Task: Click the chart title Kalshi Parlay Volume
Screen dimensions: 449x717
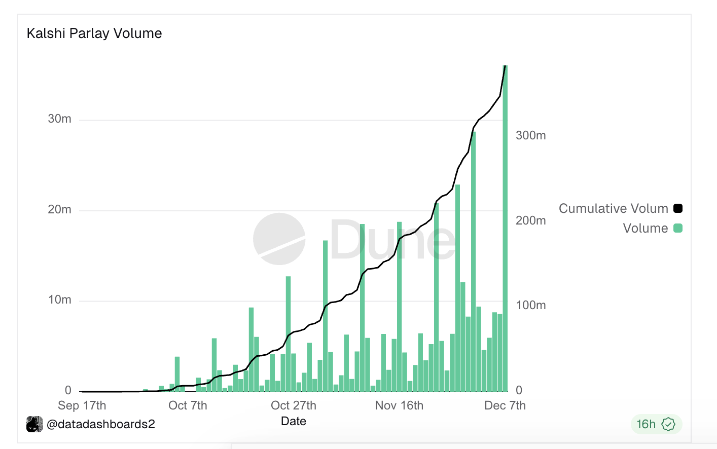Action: (x=94, y=33)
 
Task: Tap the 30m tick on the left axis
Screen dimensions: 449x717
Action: (x=59, y=119)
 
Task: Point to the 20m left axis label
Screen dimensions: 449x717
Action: (x=59, y=209)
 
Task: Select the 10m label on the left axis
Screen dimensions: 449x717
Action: (x=59, y=300)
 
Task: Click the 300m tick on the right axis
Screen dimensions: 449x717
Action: (x=530, y=135)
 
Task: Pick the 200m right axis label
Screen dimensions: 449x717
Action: (x=530, y=220)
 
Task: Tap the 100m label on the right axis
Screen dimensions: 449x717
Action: (x=530, y=305)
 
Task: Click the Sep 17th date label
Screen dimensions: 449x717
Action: (x=82, y=405)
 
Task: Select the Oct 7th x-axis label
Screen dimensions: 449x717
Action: (x=188, y=405)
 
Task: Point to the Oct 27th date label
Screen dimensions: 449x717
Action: (x=293, y=405)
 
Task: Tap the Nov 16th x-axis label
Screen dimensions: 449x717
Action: (x=399, y=405)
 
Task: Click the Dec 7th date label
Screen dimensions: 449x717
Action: (x=505, y=405)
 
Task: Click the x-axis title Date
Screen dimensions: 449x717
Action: (x=293, y=421)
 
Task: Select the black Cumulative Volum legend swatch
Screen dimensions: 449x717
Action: (x=678, y=208)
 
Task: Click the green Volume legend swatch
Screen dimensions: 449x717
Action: (x=678, y=228)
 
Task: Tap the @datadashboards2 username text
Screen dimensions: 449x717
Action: (x=100, y=424)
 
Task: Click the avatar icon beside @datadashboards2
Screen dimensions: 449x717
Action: (x=34, y=424)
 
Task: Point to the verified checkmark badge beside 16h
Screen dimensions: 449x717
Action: (x=668, y=424)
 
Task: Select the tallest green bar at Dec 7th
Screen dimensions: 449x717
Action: (x=505, y=228)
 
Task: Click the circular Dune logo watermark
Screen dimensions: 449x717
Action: (x=279, y=239)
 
